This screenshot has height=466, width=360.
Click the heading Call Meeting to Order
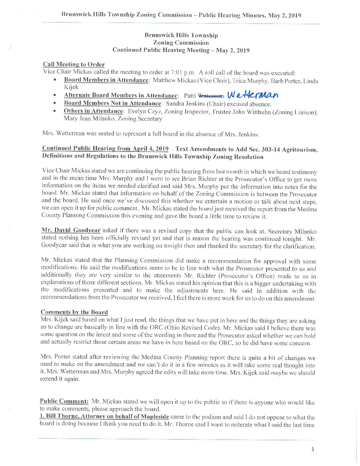[x=74, y=64]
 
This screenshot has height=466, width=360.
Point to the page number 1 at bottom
[x=313, y=449]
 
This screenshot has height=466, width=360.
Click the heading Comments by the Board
[x=74, y=312]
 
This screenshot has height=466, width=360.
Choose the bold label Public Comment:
[x=64, y=401]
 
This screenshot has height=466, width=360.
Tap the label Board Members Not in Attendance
[x=112, y=103]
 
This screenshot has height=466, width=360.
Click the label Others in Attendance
[x=93, y=111]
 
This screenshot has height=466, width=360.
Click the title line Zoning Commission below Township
[x=181, y=43]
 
